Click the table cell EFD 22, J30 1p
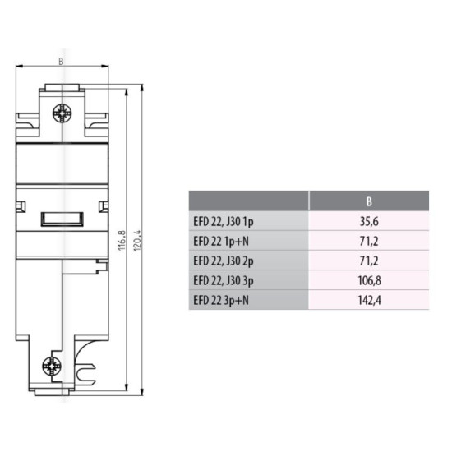224,222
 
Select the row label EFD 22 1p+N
221,242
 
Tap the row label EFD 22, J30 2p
224,261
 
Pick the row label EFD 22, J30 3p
224,280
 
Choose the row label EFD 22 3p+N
221,300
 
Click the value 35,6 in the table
369,222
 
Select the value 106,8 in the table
369,280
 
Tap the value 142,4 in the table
369,300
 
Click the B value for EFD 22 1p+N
369,242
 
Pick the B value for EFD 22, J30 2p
369,261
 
